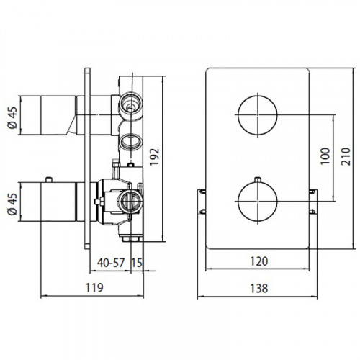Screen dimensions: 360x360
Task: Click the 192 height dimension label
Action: (x=155, y=157)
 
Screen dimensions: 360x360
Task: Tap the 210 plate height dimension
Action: (x=346, y=156)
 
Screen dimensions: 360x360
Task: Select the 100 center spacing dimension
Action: (x=325, y=156)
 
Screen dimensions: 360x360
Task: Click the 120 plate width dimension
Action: (x=259, y=261)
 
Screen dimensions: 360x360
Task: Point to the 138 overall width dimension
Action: (x=259, y=288)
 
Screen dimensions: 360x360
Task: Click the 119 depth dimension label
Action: (x=94, y=287)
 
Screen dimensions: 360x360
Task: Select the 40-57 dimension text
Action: (x=111, y=263)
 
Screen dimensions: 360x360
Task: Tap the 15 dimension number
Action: (x=137, y=263)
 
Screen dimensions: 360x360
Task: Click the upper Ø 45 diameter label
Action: (x=13, y=117)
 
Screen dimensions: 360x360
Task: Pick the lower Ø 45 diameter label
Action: (x=13, y=204)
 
